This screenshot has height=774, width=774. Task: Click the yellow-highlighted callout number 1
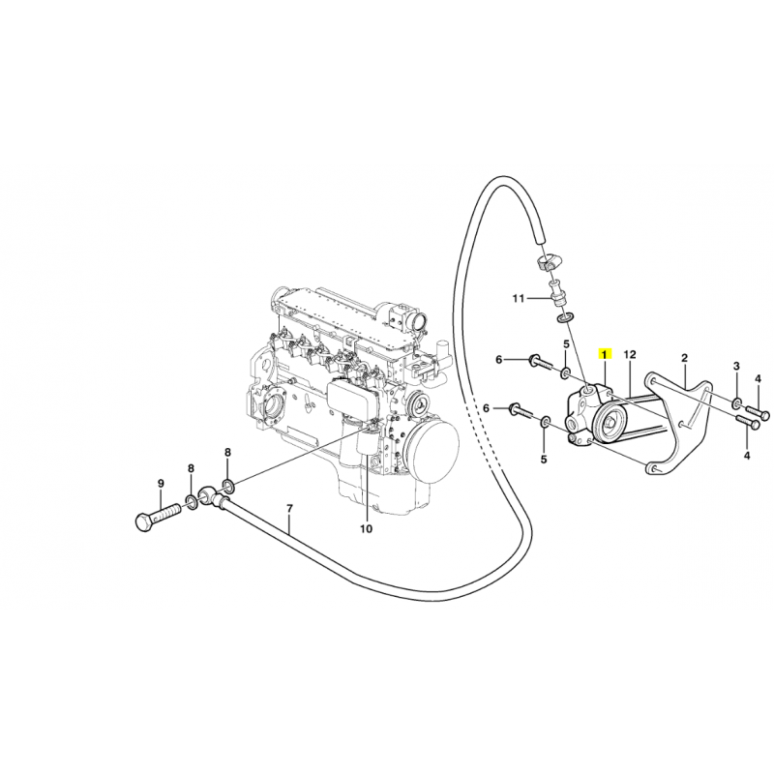(605, 354)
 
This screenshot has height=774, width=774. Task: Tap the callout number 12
(630, 354)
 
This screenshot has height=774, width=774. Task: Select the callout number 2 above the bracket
(685, 358)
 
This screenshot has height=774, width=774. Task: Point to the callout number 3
(736, 366)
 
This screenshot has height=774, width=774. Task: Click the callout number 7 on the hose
(289, 508)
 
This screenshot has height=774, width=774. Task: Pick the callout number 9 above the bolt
(161, 484)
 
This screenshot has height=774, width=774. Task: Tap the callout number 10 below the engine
(366, 529)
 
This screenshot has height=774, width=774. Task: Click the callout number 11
(518, 299)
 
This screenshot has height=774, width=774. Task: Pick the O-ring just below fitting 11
(565, 317)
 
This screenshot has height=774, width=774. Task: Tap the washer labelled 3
(736, 404)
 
